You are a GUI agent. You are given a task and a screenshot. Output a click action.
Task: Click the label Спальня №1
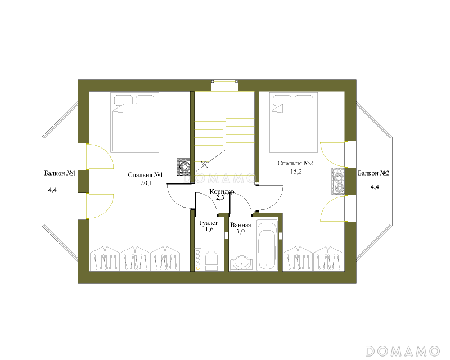click(145, 175)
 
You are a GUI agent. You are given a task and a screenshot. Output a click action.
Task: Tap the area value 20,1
click(146, 183)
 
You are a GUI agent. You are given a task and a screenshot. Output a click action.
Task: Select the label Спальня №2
click(295, 163)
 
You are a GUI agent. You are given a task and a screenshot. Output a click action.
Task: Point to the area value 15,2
click(296, 172)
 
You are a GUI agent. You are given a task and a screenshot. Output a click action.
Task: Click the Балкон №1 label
click(60, 173)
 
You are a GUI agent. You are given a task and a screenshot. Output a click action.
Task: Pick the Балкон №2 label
click(373, 173)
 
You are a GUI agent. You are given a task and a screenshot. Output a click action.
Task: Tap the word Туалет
click(208, 223)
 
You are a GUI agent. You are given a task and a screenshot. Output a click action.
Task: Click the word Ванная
click(241, 225)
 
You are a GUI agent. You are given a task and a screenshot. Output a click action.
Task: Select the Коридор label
click(222, 191)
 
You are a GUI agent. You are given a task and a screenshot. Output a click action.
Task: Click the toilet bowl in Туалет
click(212, 260)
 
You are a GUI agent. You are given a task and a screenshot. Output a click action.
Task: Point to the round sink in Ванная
click(242, 263)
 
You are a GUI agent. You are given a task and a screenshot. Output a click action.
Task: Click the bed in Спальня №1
click(134, 122)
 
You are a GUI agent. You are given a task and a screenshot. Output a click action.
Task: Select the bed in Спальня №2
click(294, 122)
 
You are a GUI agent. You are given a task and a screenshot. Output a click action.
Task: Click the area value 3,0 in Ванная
click(240, 231)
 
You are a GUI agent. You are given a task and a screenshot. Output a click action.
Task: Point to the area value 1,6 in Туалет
click(209, 229)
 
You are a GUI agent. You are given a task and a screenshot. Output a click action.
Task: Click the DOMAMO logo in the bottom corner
click(403, 351)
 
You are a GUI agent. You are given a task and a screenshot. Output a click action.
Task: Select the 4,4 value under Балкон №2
click(375, 187)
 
